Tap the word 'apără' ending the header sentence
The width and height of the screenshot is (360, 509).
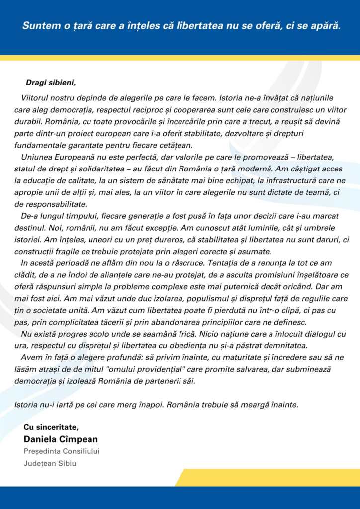coord(325,26)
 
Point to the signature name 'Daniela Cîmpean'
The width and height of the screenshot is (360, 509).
coord(61,439)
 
